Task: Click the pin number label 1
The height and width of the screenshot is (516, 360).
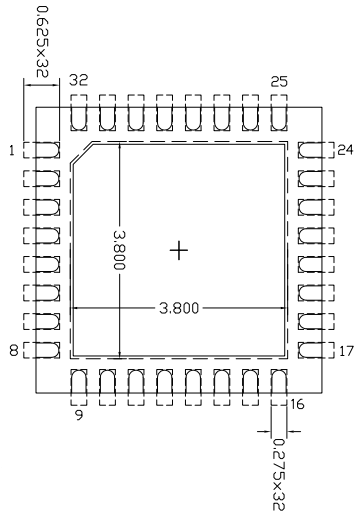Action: pos(10,151)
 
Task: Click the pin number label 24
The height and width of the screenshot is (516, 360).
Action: pos(346,151)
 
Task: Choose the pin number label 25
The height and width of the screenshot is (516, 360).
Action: pos(279,80)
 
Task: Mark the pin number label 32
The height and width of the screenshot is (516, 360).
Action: pos(78,80)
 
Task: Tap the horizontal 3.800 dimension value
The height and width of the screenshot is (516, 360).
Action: pos(178,307)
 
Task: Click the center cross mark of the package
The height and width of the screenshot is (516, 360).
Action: pos(178,250)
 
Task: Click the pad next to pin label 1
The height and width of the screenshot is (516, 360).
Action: pos(40,151)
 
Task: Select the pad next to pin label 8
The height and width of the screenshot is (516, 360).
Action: pos(40,350)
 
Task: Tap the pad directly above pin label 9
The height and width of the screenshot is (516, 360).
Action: pos(78,381)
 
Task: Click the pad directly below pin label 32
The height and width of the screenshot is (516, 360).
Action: pos(78,115)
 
